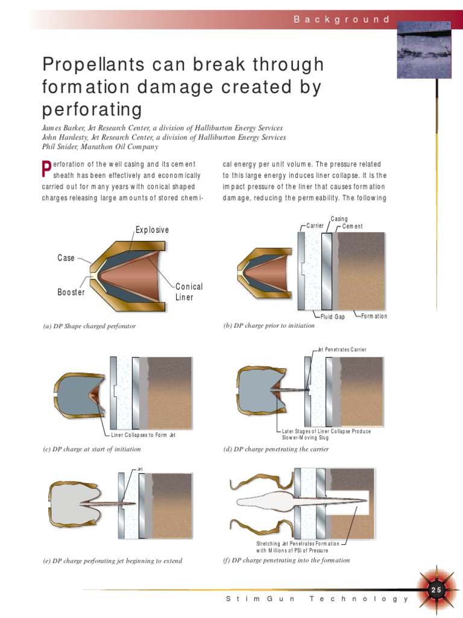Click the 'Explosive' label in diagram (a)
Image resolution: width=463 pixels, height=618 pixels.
pyautogui.click(x=152, y=230)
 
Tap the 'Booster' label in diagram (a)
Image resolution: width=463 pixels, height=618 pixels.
pyautogui.click(x=71, y=292)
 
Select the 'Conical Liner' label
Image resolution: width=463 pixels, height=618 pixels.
pyautogui.click(x=189, y=291)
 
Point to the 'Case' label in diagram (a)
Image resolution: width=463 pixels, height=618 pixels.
pyautogui.click(x=66, y=258)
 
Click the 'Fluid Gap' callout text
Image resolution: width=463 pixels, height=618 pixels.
pyautogui.click(x=332, y=317)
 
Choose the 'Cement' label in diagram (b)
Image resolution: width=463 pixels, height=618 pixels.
pyautogui.click(x=353, y=226)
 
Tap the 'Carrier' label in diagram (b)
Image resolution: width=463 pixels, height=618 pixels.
pyautogui.click(x=315, y=226)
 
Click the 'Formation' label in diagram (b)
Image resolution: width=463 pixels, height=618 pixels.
pyautogui.click(x=374, y=316)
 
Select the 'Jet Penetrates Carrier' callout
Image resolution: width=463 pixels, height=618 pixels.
pyautogui.click(x=341, y=349)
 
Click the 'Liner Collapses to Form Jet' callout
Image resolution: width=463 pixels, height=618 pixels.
pyautogui.click(x=143, y=435)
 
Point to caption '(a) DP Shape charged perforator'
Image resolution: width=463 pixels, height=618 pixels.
pyautogui.click(x=89, y=327)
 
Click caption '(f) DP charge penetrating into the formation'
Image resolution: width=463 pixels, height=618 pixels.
pyautogui.click(x=286, y=560)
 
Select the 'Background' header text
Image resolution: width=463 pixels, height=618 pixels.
pyautogui.click(x=342, y=19)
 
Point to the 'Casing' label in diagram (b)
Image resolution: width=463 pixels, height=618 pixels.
pyautogui.click(x=339, y=219)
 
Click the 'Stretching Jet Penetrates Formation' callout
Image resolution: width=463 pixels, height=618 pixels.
pyautogui.click(x=298, y=543)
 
